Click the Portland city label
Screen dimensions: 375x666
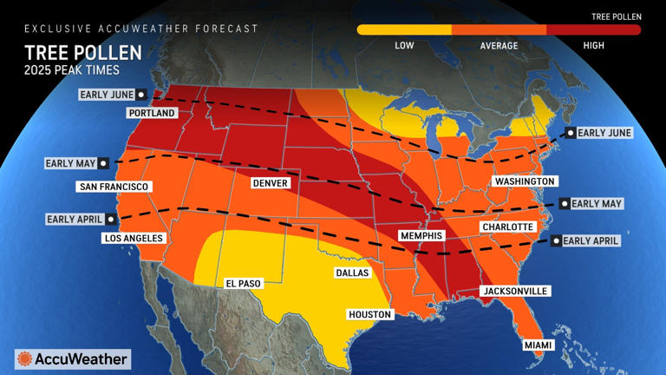(x=152, y=113)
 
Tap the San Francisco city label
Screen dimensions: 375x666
(x=114, y=187)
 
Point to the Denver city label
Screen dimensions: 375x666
(x=271, y=184)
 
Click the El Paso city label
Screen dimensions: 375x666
(x=242, y=283)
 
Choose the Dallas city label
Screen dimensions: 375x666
(x=353, y=273)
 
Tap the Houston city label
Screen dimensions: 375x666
(x=370, y=314)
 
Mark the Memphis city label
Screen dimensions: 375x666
(x=421, y=236)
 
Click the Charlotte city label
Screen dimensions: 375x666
(x=507, y=227)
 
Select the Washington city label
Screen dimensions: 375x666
(x=524, y=181)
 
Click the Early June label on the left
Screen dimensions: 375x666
(x=107, y=94)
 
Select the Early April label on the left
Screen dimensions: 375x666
(x=76, y=220)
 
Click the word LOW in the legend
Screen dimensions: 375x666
(x=404, y=45)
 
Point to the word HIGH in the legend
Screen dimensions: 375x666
(x=594, y=45)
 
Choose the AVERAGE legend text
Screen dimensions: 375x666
(x=499, y=45)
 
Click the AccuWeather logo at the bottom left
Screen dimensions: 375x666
(x=73, y=359)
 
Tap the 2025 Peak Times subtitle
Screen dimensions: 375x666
(x=71, y=69)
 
